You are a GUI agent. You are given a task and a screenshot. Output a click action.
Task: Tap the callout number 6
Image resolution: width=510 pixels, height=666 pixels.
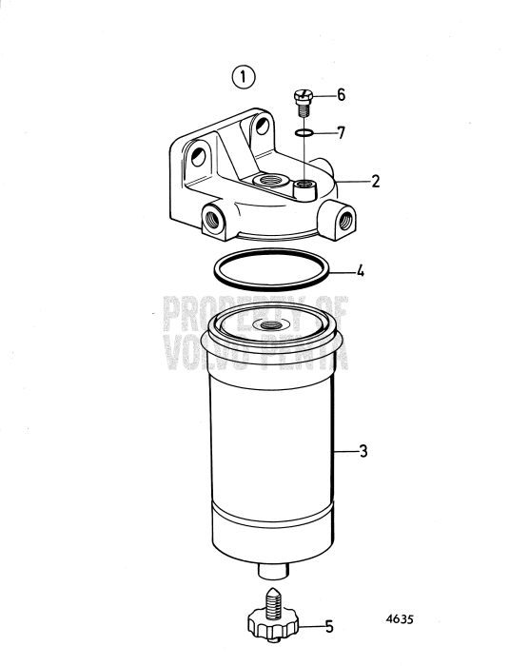[342, 96]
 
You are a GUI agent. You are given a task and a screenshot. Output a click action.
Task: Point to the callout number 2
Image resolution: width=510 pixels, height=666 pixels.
[376, 179]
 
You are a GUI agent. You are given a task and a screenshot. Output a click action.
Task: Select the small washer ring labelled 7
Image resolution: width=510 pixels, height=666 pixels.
[304, 133]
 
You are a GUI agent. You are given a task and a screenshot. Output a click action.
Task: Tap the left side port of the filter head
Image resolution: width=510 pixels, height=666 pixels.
[211, 220]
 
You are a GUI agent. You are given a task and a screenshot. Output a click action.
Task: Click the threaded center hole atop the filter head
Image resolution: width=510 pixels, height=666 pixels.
[264, 179]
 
